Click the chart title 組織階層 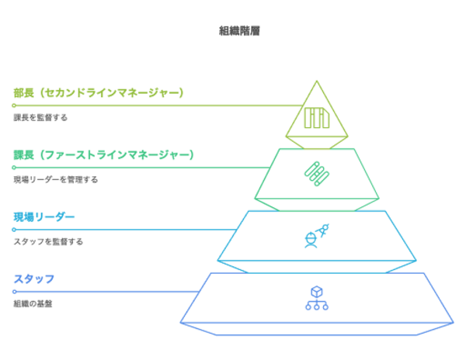[239, 31]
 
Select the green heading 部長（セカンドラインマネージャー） [99, 93]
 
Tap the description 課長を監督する [40, 117]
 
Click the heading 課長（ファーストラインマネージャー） [103, 155]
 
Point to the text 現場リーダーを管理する [56, 179]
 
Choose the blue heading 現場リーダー [44, 217]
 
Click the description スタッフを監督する [48, 241]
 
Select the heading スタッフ [34, 279]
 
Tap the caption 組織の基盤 [33, 303]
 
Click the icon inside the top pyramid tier [317, 118]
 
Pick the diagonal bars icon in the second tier [317, 174]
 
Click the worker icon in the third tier [317, 236]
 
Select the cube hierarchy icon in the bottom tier [317, 298]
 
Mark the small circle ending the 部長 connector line [14, 106]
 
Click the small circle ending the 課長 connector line [14, 168]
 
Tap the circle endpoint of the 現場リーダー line [14, 230]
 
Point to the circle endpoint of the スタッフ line [14, 292]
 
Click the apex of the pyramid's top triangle [317, 81]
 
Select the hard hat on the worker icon [310, 237]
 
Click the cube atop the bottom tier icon [317, 292]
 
